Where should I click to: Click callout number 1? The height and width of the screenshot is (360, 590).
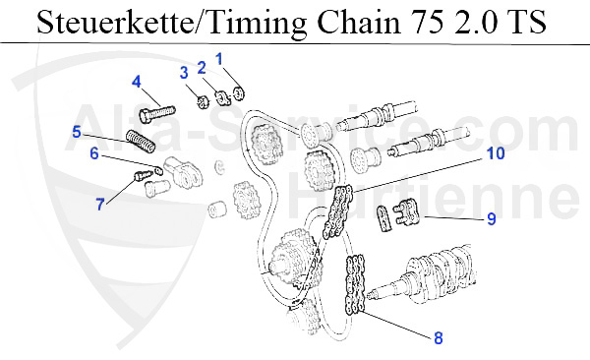219,59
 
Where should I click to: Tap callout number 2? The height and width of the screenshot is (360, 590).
202,68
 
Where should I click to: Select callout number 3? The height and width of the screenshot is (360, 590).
184,73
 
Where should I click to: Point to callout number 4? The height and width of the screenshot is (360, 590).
137,82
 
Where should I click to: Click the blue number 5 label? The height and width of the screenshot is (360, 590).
77,132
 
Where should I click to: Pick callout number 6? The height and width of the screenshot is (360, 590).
94,153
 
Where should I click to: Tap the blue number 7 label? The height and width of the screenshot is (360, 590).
100,205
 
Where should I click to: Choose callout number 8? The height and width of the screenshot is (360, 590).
439,337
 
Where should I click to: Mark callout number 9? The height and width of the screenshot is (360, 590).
492,218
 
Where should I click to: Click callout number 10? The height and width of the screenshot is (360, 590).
496,153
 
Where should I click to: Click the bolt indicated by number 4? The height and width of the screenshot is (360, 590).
157,112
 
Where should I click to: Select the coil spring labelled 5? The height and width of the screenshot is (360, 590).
141,142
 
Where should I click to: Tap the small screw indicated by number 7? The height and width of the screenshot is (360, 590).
143,175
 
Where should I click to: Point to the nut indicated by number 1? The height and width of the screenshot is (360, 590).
239,93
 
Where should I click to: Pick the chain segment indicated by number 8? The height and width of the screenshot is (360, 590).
355,284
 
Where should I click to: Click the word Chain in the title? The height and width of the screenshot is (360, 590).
359,22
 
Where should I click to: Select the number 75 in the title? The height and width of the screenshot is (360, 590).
427,22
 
